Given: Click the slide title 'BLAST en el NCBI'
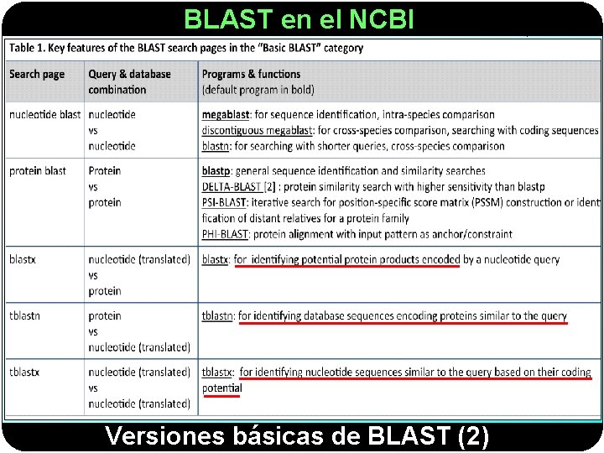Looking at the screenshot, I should [299, 18].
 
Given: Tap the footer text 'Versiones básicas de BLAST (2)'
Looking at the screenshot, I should [297, 437].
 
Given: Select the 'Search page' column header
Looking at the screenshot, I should [37, 74].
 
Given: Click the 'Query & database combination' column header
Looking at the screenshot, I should [128, 81].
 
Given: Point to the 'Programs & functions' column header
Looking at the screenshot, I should [251, 74].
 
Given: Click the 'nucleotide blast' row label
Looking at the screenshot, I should [44, 114].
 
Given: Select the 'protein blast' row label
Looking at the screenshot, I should [38, 171].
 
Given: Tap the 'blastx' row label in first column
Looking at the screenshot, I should [23, 260].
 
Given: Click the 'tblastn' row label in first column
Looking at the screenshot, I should [26, 316].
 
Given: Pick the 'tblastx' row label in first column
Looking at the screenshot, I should [26, 372].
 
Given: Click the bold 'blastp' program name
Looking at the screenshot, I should [216, 171].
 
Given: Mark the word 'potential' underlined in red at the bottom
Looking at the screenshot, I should [222, 388].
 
